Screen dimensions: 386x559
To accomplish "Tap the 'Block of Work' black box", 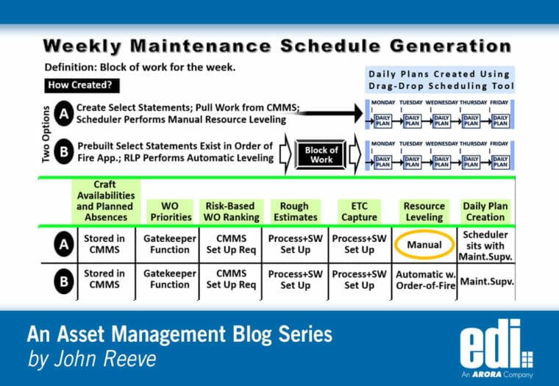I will point(321,155).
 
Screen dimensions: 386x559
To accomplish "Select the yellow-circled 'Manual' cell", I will point(424,244).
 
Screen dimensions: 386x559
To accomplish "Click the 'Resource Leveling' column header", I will point(424,211).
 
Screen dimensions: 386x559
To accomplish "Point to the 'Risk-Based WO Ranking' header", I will point(230,211).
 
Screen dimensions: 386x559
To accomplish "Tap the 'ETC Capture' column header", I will point(360,211).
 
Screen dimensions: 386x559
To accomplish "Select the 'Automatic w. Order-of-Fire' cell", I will point(424,279).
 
